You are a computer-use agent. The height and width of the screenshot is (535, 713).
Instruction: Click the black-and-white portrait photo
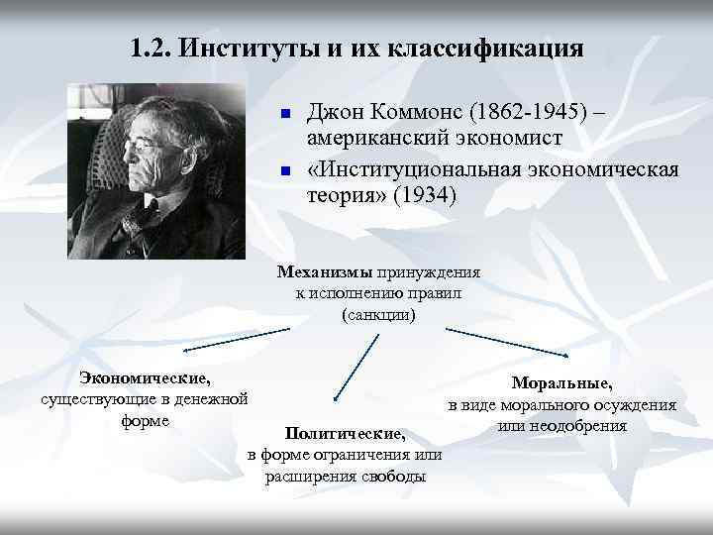155,170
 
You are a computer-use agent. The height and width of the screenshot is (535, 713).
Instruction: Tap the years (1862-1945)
540,112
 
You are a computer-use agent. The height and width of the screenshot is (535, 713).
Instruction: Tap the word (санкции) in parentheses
378,315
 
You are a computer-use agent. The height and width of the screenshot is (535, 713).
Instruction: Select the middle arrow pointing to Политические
356,368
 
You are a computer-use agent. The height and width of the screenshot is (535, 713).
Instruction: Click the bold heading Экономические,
145,377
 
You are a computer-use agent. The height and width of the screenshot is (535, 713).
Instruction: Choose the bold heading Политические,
345,434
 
